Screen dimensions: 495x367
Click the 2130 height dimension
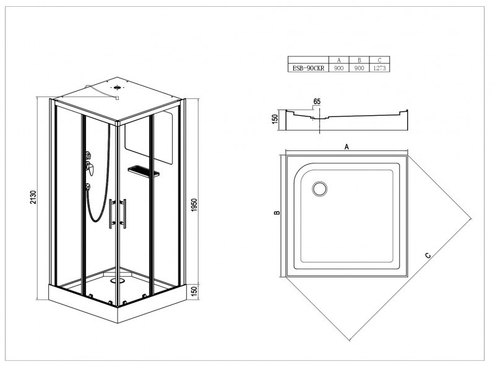point(34,197)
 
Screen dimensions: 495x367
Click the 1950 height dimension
point(194,205)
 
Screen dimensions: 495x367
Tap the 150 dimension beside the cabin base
point(194,290)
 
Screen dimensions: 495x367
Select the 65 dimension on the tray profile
point(317,101)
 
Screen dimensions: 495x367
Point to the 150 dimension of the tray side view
point(275,118)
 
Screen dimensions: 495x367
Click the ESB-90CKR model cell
point(308,68)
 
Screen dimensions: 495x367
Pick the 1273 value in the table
point(379,68)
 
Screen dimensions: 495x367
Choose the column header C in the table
point(379,60)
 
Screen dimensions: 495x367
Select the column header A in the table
point(338,60)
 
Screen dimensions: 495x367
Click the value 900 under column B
point(359,68)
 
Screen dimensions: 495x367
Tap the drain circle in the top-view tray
point(320,189)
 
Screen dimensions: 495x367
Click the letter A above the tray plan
point(346,147)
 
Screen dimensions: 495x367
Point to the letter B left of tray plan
point(277,212)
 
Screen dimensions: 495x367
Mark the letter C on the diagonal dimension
point(428,255)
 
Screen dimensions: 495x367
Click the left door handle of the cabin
point(111,214)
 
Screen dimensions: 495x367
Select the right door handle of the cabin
point(124,214)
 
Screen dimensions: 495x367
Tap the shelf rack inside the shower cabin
point(144,171)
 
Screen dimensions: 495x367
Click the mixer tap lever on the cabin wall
point(90,167)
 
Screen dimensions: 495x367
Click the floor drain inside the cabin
point(117,280)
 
